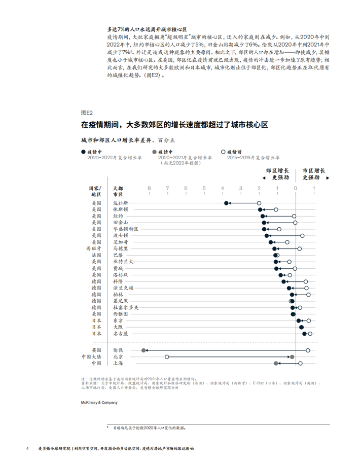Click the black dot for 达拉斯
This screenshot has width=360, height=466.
coord(226,203)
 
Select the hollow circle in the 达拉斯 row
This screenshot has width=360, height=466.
coord(259,203)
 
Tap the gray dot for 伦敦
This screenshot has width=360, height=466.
coord(144,350)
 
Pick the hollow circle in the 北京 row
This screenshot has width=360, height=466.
coord(167,357)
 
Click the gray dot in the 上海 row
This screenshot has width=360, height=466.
coord(276,364)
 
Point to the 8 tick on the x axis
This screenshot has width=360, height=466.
coord(149,189)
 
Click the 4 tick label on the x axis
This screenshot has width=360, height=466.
coord(222,189)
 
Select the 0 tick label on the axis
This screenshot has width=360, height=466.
coord(296,189)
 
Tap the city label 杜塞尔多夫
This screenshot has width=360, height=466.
coord(125,308)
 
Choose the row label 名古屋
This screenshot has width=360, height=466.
coord(120,334)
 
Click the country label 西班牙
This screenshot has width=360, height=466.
coord(94,249)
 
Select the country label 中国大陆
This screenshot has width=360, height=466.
coord(91,357)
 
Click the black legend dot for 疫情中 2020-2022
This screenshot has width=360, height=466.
coord(84,152)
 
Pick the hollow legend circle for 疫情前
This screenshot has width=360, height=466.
coord(224,152)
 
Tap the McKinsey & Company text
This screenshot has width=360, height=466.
coord(99,403)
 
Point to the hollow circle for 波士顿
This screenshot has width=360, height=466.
coord(302,236)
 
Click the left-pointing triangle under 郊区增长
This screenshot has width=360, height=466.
coord(264,178)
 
